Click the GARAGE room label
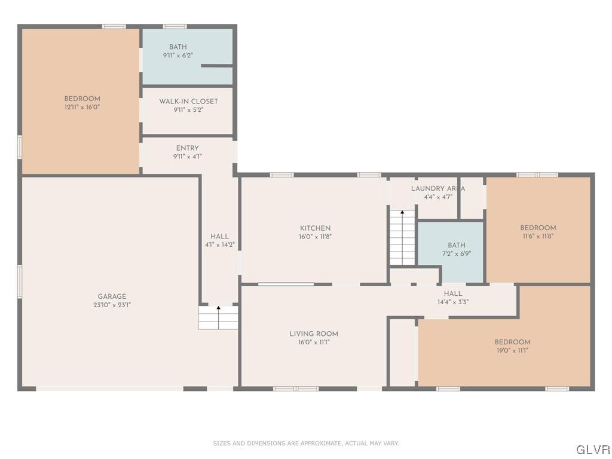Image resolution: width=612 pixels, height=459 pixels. (x=112, y=296)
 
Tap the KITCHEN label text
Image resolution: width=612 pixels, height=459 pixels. (x=316, y=228)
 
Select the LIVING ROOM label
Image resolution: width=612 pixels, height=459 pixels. (x=314, y=333)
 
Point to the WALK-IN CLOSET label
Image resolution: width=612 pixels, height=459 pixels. (x=188, y=101)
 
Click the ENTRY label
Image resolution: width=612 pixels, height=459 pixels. (x=187, y=148)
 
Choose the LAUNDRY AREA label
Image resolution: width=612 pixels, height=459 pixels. (x=438, y=188)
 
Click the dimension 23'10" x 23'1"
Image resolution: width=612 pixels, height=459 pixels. (x=112, y=305)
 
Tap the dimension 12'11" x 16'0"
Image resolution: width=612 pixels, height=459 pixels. (x=82, y=107)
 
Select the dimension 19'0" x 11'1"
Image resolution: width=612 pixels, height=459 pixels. (x=512, y=350)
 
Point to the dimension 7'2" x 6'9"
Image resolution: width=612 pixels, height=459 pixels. (x=457, y=253)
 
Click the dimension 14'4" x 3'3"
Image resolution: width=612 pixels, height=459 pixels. (x=453, y=302)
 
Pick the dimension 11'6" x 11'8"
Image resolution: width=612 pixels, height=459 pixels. (x=538, y=236)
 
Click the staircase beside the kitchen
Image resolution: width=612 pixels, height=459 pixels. (x=402, y=237)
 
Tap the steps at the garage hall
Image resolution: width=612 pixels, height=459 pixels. (x=218, y=318)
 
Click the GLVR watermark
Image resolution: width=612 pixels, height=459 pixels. (x=593, y=450)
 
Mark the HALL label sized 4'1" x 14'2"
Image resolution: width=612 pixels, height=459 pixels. (x=220, y=236)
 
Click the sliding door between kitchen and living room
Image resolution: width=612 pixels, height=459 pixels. (x=286, y=284)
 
